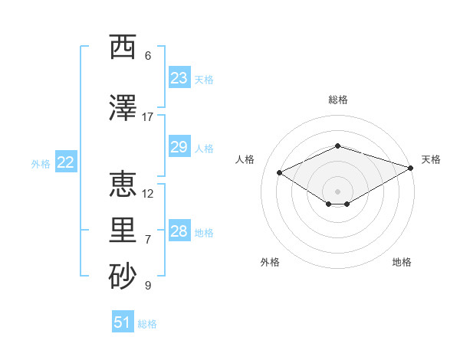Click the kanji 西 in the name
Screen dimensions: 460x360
(x=123, y=47)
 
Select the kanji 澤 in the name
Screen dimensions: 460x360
(x=123, y=107)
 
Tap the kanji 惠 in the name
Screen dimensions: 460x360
(x=123, y=184)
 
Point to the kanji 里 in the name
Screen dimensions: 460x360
(x=123, y=230)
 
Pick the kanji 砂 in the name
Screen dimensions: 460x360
(x=123, y=276)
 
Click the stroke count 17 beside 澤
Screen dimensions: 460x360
(x=147, y=117)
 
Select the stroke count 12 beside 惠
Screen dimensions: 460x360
(x=147, y=194)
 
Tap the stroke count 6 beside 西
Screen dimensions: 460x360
(x=148, y=56)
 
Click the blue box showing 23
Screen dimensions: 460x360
(x=179, y=77)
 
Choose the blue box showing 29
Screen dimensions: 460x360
(x=179, y=146)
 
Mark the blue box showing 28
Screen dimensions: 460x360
(x=179, y=230)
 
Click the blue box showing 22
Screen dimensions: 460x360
(x=66, y=162)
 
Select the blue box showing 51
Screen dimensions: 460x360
(x=123, y=321)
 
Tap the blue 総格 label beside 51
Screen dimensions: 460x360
(x=147, y=324)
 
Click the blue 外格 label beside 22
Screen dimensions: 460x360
(x=41, y=164)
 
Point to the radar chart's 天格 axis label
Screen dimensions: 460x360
(x=431, y=159)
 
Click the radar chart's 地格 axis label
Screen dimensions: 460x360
(x=402, y=262)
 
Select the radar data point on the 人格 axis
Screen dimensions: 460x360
(x=279, y=172)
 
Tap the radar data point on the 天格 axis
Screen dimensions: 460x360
(x=410, y=168)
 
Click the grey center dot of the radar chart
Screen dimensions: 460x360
(x=337, y=191)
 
